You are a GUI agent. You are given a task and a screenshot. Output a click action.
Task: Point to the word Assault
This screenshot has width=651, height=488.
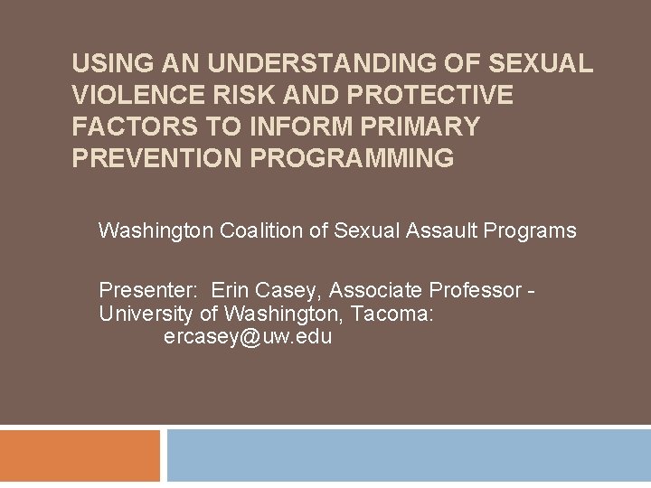coord(440,230)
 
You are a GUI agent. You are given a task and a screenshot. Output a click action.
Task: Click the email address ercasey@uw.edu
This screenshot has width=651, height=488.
coord(248,338)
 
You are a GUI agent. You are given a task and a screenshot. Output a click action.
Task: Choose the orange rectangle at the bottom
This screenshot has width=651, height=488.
coord(80,456)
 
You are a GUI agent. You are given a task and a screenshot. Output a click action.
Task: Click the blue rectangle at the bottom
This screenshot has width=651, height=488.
coord(409,456)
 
